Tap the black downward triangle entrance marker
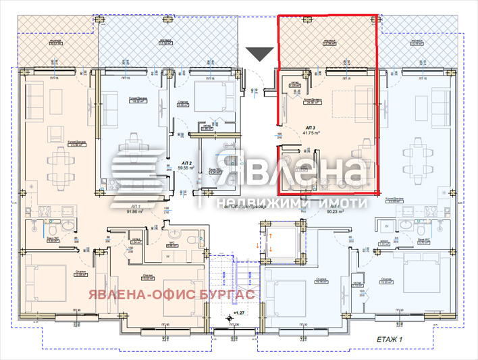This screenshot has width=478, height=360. (259, 54)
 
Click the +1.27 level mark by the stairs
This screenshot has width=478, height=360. (238, 313)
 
